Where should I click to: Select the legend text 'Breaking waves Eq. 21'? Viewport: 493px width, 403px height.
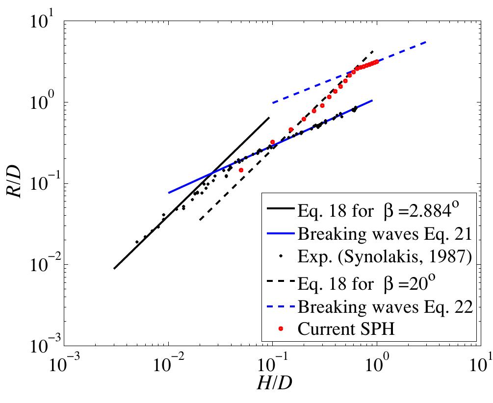(x=384, y=234)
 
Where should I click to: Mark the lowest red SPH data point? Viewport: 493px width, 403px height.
(x=241, y=170)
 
